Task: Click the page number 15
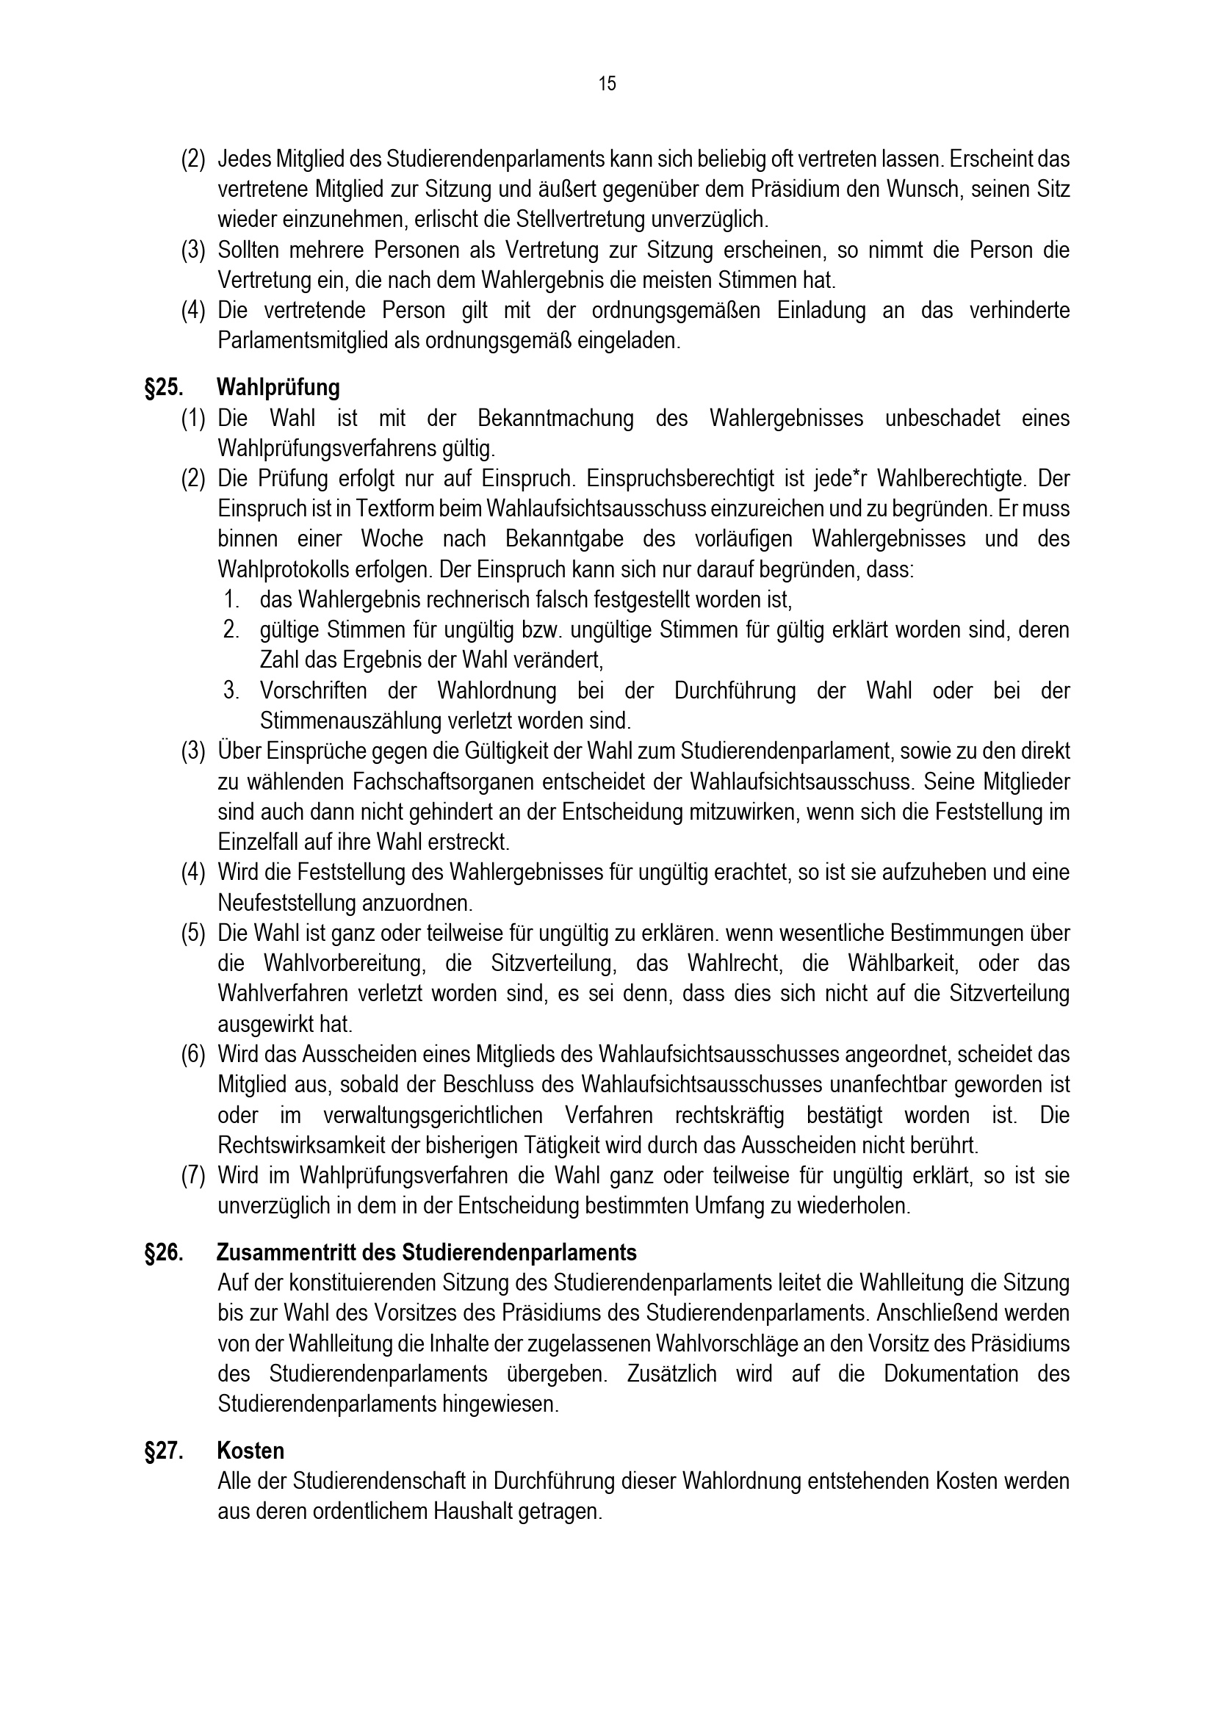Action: click(607, 84)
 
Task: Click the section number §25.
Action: click(165, 388)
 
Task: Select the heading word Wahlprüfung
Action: click(278, 388)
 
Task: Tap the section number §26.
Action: click(165, 1252)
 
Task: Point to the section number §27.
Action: click(165, 1451)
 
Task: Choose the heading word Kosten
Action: click(250, 1451)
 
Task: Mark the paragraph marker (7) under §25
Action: click(193, 1175)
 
